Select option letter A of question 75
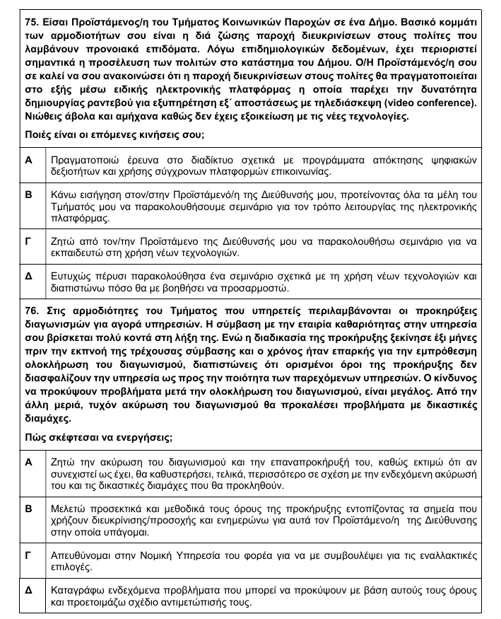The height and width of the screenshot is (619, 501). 29,161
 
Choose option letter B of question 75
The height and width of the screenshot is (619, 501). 29,194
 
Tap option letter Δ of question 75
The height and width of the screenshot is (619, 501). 29,276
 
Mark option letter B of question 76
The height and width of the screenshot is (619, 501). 29,508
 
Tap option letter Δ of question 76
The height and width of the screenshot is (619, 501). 29,589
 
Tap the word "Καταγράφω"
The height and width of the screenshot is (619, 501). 78,589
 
